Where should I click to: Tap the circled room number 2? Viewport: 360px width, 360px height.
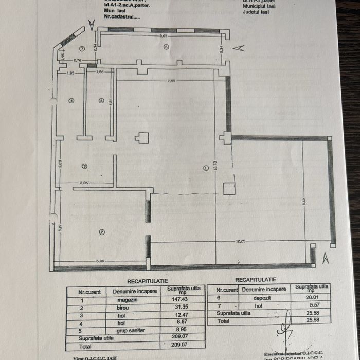[x=102, y=232]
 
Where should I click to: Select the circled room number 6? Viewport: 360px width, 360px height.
[x=166, y=47]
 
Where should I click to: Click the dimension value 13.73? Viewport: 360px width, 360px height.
[x=218, y=166]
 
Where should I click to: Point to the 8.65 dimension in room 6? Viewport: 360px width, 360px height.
[x=164, y=36]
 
